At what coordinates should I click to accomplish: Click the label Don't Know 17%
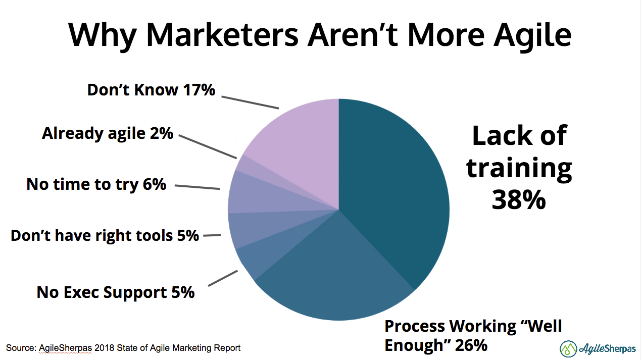[151, 90]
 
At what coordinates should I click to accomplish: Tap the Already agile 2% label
[108, 134]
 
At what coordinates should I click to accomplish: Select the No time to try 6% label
[96, 184]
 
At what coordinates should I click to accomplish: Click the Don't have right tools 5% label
[105, 235]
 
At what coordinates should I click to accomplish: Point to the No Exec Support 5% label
[115, 292]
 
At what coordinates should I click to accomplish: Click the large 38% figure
[519, 200]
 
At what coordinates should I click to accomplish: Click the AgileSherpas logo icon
[568, 348]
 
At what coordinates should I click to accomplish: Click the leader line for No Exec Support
[222, 278]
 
